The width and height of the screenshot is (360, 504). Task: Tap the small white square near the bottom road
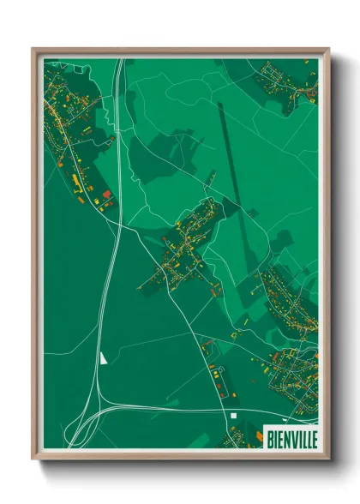point(232,417)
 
